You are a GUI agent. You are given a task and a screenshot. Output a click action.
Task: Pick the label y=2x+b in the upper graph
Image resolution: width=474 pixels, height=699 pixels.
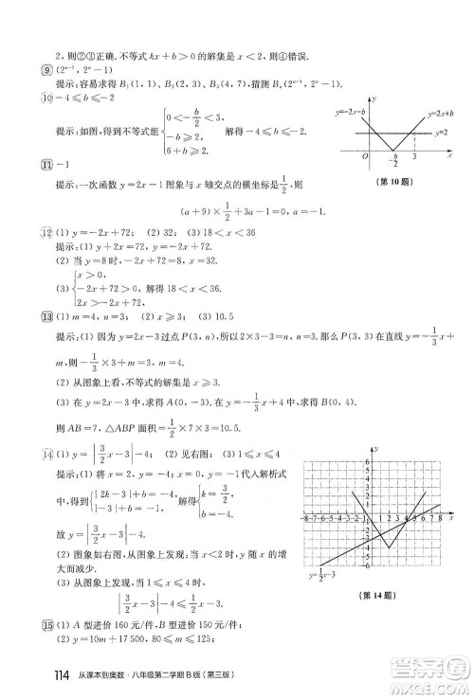(435, 113)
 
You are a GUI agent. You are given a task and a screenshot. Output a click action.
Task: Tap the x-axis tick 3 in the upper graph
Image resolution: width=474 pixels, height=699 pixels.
(414, 158)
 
